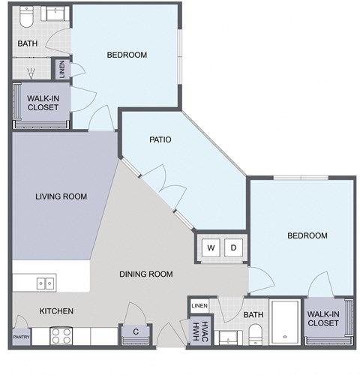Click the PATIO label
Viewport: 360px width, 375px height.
point(161,139)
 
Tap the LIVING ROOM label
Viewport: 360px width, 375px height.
point(61,196)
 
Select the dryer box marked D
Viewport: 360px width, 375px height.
point(233,247)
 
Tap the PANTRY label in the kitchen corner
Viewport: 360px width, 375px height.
point(20,336)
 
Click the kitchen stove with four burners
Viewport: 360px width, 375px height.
point(61,336)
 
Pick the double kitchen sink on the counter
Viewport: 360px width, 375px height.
point(44,283)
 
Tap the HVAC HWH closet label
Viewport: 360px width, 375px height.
point(199,330)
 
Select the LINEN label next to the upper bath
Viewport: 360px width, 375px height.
point(61,69)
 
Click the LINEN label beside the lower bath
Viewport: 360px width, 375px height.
point(199,306)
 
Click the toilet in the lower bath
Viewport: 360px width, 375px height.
point(254,333)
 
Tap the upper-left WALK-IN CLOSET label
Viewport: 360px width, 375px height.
point(43,102)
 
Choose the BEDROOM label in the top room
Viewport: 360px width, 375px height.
point(127,55)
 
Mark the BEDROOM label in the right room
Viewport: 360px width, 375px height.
point(307,235)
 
